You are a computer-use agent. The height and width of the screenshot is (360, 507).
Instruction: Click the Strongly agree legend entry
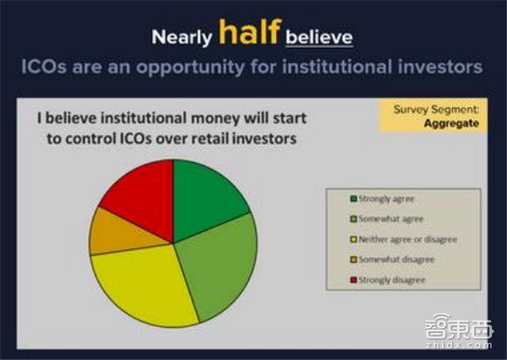point(385,198)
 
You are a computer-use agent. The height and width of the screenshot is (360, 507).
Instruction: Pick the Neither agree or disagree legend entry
point(403,239)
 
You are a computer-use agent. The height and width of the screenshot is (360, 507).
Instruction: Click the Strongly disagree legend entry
point(389,280)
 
